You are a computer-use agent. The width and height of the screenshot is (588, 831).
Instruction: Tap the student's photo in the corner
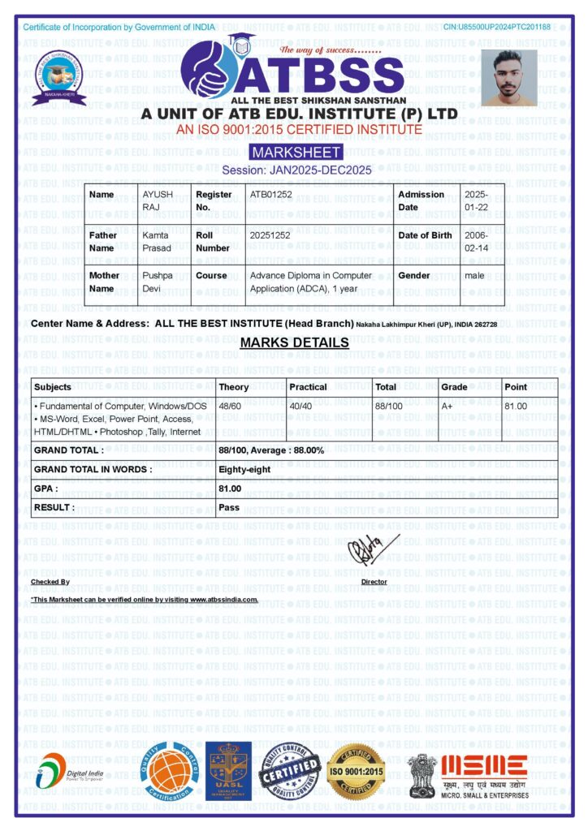tap(509, 78)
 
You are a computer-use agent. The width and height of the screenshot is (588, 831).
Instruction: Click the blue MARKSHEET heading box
tap(296, 153)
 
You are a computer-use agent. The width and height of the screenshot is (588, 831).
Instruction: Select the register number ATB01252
tap(271, 195)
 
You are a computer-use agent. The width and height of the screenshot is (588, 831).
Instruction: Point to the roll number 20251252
tap(271, 235)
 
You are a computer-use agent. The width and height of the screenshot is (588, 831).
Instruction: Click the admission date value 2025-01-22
tap(476, 200)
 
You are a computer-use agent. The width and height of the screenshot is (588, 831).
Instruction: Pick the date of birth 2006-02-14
tap(476, 241)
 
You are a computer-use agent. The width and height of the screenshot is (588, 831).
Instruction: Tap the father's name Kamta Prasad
tap(158, 241)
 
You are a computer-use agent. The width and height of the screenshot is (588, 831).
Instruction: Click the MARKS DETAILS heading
tap(294, 342)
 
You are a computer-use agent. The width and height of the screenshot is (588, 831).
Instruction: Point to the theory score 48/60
tap(231, 406)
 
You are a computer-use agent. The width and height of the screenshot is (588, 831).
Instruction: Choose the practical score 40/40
tap(301, 406)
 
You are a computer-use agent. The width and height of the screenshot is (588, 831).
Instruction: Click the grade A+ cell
tap(447, 406)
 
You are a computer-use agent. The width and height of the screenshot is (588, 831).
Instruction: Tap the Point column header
tap(516, 387)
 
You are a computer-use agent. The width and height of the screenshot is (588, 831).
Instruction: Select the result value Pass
tap(229, 508)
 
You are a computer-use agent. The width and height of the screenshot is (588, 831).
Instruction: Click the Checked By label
tap(50, 582)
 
